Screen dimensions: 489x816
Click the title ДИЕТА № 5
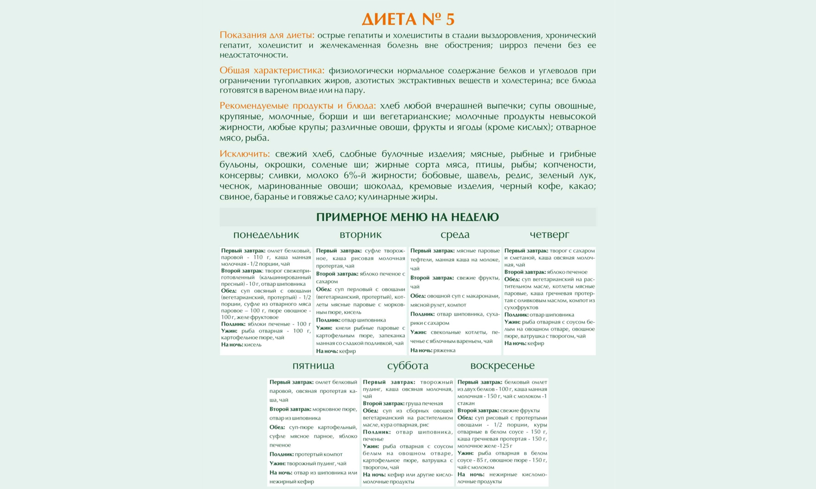pos(408,19)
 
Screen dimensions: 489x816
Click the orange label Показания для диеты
pos(267,35)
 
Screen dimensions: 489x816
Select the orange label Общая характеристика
pos(271,71)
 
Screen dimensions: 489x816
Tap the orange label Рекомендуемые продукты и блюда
pos(298,106)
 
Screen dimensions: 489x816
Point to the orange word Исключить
pos(244,154)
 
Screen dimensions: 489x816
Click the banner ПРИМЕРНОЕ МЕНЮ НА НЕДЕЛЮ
pos(407,217)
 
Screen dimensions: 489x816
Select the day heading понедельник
pos(266,235)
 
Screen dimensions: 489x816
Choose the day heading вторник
pos(360,235)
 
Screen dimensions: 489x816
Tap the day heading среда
pos(455,235)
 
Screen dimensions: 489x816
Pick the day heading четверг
pos(549,235)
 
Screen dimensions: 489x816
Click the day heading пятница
pos(313,366)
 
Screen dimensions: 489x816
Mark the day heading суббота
pos(407,366)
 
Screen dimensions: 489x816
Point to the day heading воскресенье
pos(502,366)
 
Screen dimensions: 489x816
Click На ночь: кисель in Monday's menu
pos(241,344)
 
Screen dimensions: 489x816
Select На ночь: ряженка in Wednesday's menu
pos(432,350)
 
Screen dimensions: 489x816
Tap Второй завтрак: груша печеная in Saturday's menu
pos(403,404)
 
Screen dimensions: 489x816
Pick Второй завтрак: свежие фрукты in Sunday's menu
pos(498,411)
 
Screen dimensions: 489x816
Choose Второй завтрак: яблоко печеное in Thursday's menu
pos(546,272)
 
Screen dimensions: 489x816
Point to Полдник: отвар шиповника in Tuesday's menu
pos(351,320)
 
